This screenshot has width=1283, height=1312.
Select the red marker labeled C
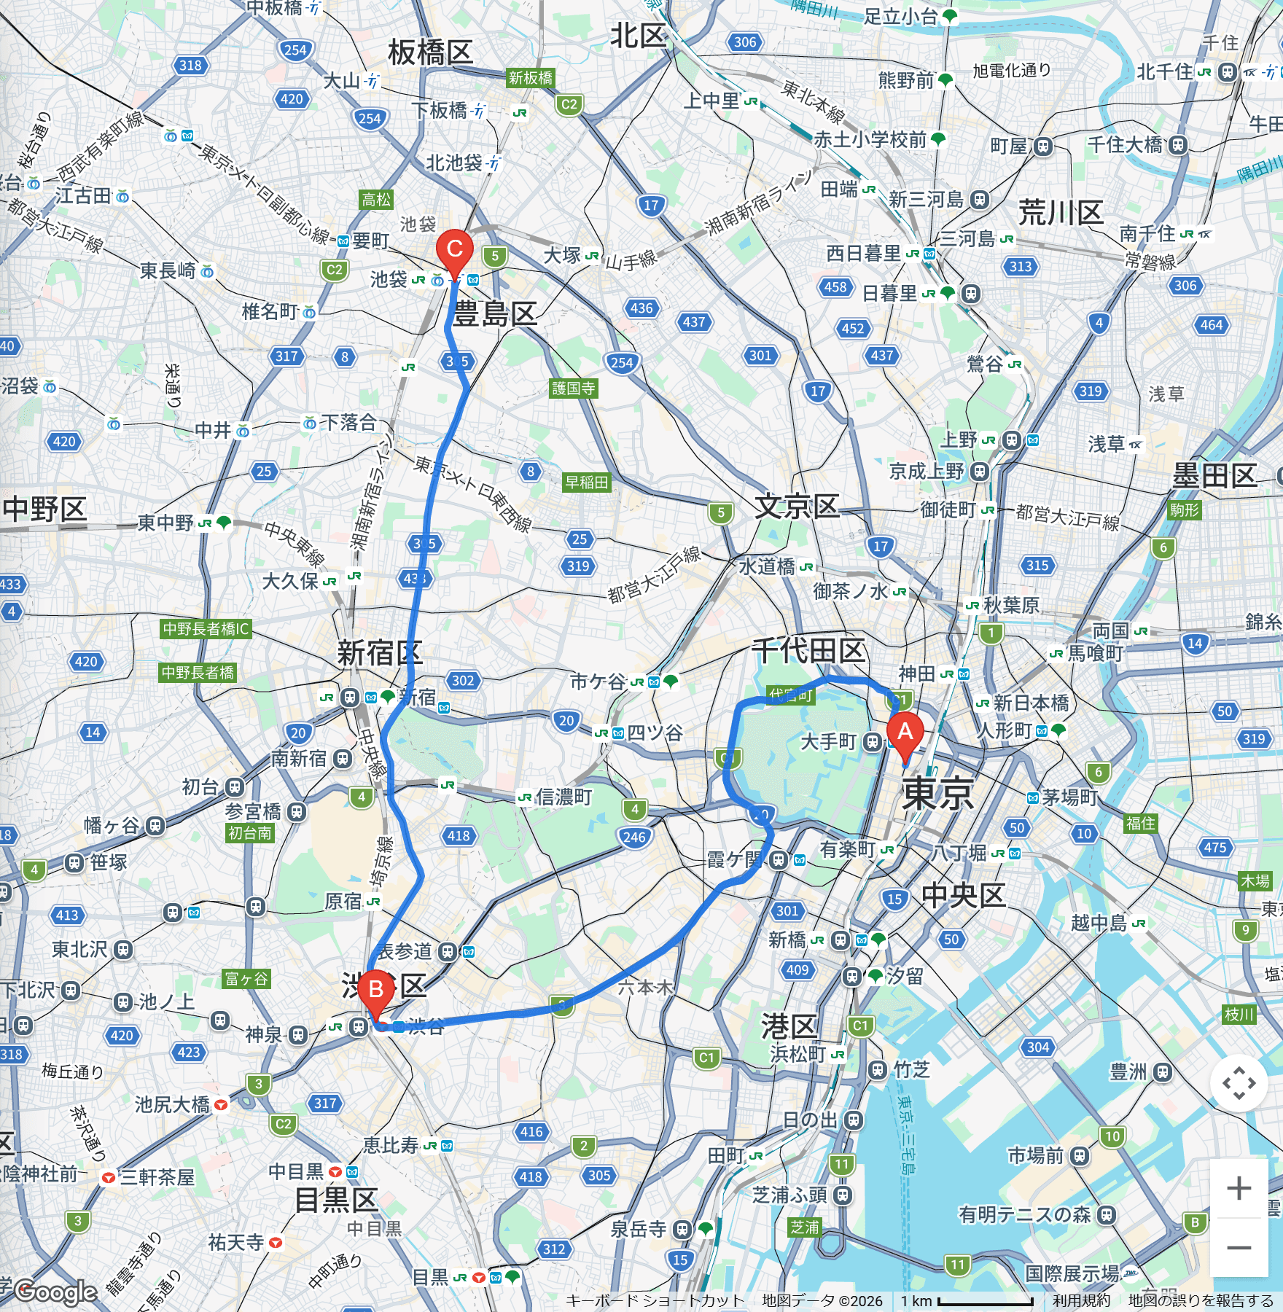pos(454,250)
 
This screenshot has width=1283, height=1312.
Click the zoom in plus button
pos(1239,1189)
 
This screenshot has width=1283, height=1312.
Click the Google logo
pos(56,1292)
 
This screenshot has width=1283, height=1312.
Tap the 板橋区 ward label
pos(430,52)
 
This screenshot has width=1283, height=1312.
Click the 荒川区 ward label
pos(1061,213)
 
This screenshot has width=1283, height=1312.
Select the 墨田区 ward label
pos(1214,475)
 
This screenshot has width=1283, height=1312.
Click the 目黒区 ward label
pos(336,1200)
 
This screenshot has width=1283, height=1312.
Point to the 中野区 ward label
pos(45,509)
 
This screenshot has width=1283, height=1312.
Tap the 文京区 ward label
pos(797,506)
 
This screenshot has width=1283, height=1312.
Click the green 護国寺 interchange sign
pos(573,388)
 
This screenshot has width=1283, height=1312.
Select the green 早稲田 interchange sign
pos(587,482)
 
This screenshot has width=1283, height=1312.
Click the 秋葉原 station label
pos(1011,605)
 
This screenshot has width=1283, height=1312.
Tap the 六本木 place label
pos(644,988)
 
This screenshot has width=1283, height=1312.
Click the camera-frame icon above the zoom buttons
pos(1239,1083)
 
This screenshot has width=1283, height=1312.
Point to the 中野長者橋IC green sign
pos(206,628)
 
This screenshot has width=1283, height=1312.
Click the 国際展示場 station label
pos(1072,1273)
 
